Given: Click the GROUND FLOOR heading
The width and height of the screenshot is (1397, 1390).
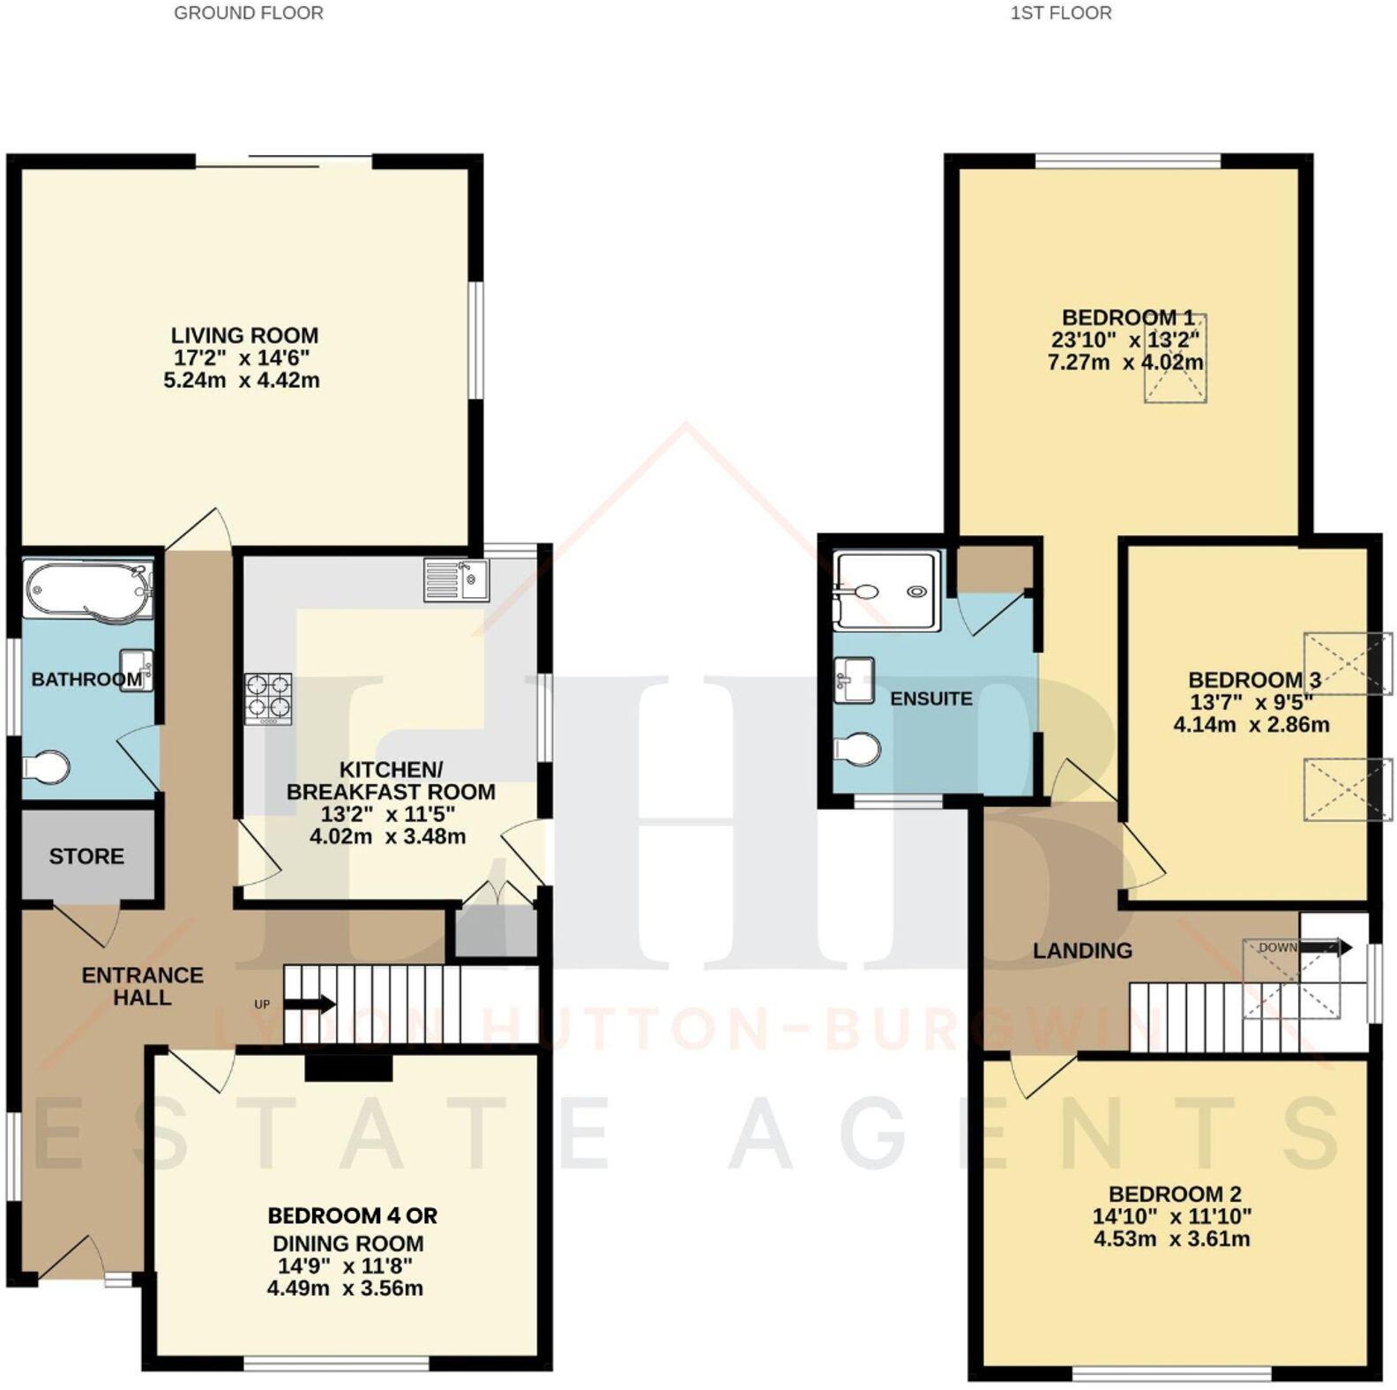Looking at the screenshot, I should coord(248,13).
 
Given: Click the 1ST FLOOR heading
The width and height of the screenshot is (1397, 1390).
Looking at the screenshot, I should coord(1060,13).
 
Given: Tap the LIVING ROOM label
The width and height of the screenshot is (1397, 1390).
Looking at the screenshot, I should coord(244,335).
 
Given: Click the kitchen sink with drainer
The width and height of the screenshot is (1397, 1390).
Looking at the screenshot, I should coord(457,579).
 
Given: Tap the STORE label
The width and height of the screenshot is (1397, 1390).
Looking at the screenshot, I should coord(86,856).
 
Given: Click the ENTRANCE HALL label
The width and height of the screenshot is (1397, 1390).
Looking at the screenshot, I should coord(142,986).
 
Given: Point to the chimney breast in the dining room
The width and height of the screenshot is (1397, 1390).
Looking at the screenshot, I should coord(348,1068).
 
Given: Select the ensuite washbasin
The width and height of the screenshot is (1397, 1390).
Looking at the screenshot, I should coord(854,680).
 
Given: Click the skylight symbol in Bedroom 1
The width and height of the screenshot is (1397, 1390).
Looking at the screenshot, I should coord(1175,359).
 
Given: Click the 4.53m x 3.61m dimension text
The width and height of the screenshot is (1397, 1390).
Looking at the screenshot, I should coord(1171,1239).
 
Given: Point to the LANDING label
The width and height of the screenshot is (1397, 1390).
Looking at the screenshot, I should coord(1082,951).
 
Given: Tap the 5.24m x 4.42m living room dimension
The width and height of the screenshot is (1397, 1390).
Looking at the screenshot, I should coord(242,381).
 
